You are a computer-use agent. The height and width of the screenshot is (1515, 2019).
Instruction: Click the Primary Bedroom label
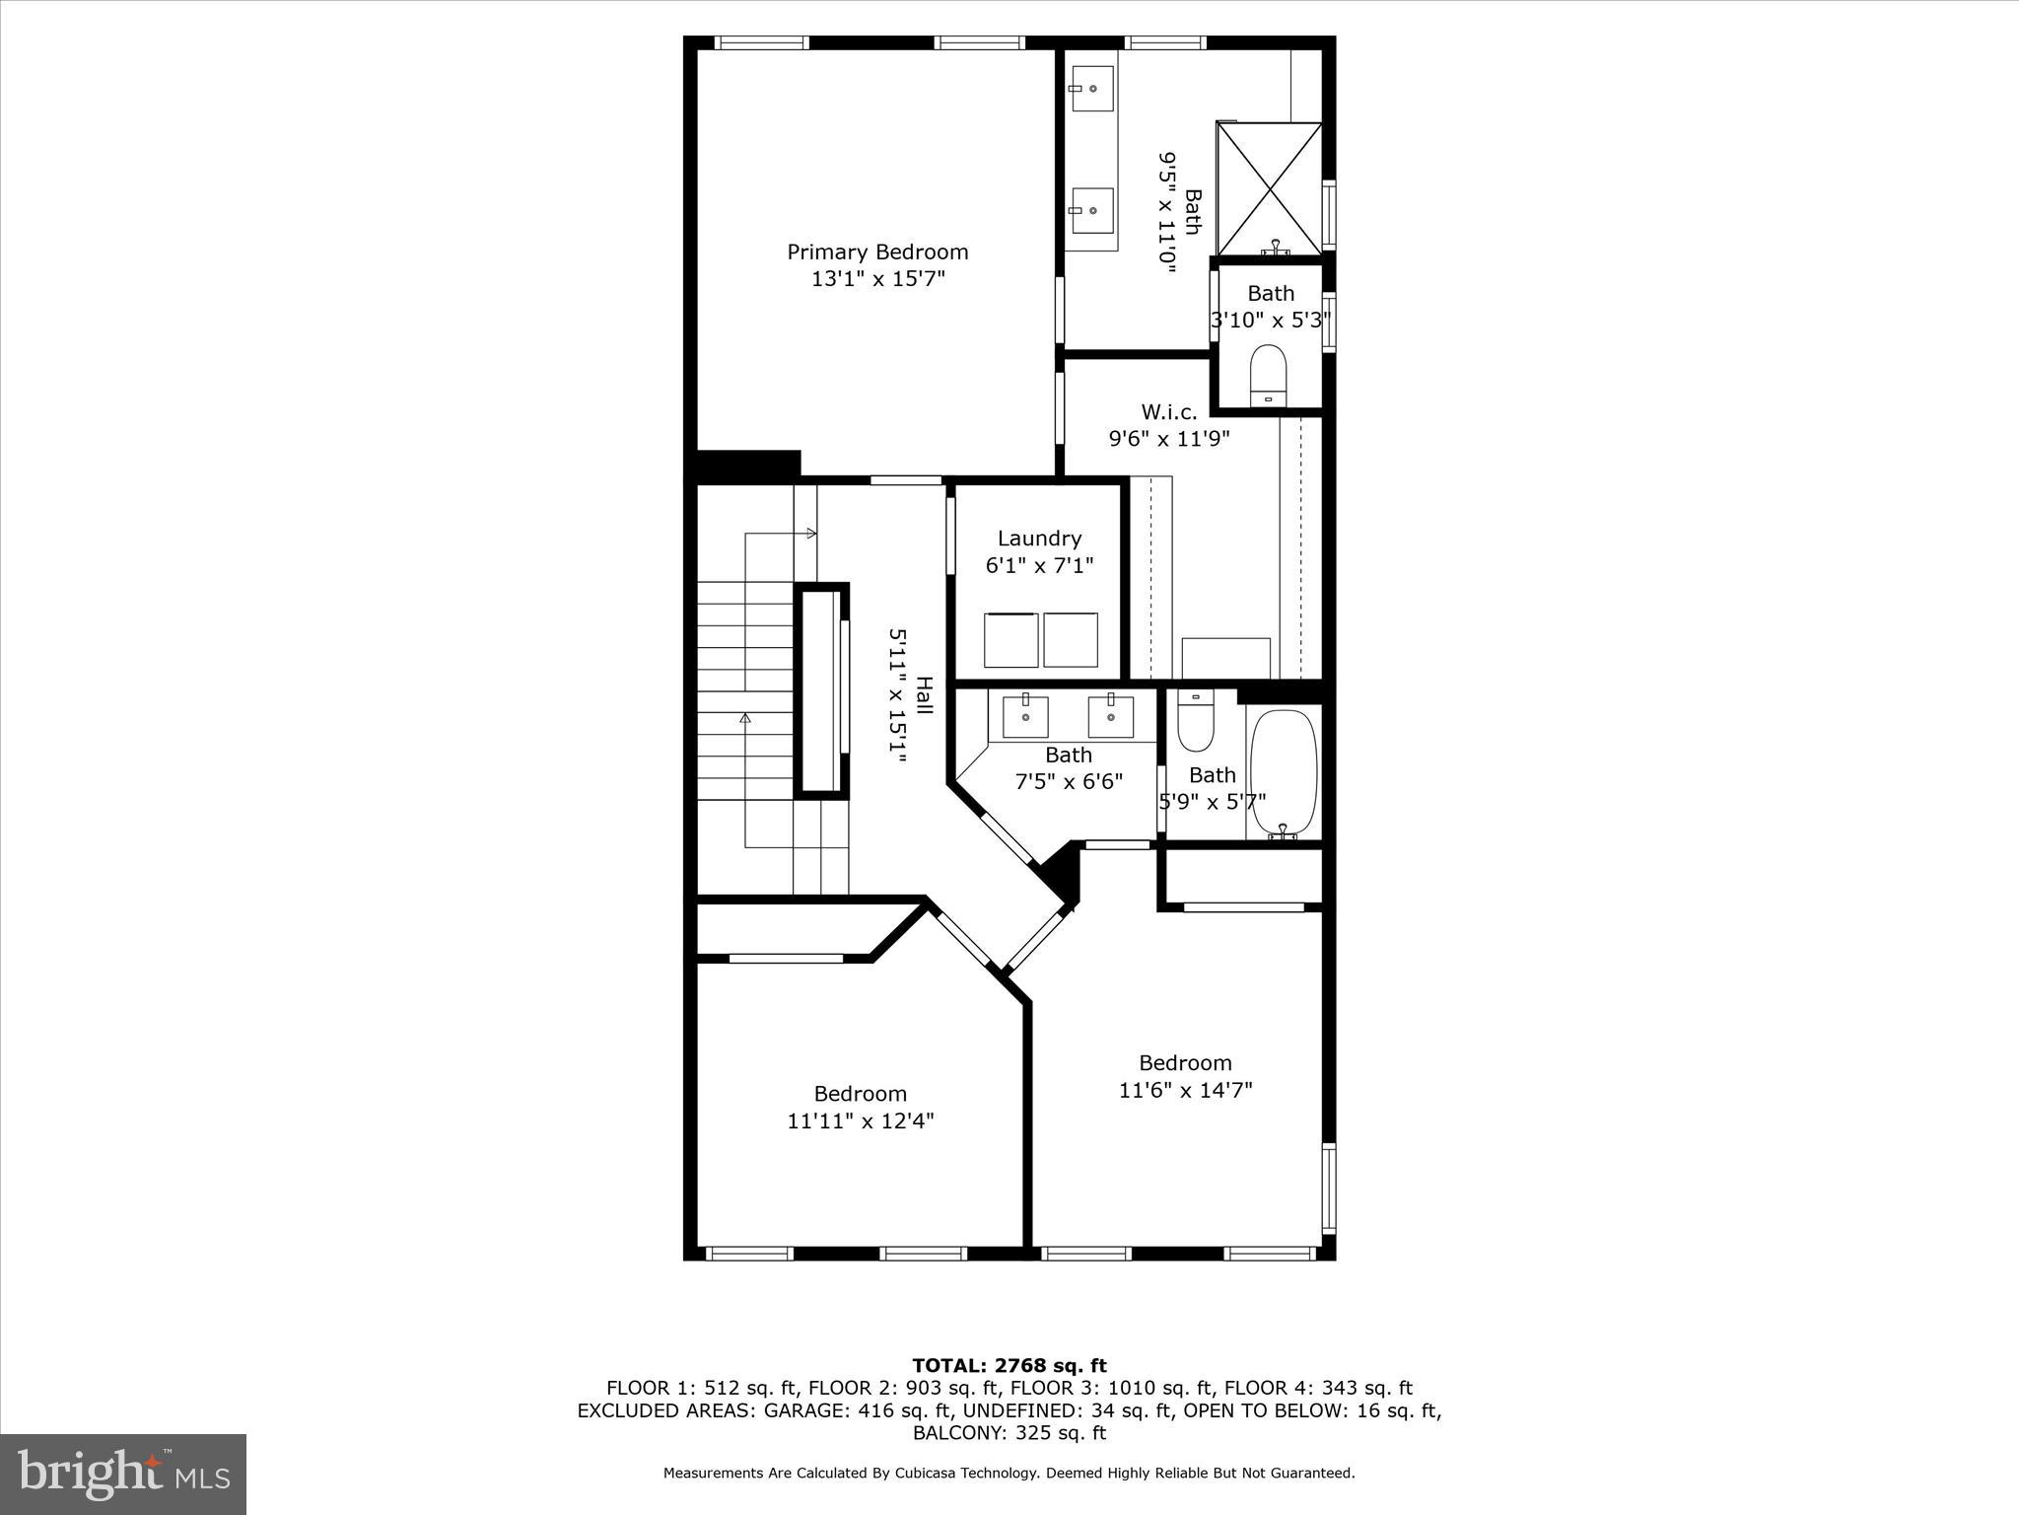[x=876, y=252]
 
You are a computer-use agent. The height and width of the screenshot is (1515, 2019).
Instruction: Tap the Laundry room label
[x=1039, y=539]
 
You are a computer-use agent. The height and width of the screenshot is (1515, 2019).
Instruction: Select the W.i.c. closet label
[x=1168, y=412]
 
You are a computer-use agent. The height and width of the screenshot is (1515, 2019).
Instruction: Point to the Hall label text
[x=924, y=695]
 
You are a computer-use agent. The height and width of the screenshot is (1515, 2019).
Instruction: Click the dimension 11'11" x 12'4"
[x=860, y=1121]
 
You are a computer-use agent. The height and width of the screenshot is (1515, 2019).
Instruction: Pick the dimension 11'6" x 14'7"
[x=1185, y=1090]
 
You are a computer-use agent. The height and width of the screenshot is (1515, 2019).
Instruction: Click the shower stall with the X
[x=1269, y=188]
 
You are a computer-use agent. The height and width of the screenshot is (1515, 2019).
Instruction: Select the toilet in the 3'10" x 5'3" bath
[x=1268, y=376]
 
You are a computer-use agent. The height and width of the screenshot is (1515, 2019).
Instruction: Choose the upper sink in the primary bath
[x=1091, y=88]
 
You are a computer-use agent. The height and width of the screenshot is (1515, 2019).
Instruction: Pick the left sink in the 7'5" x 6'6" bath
[x=1025, y=716]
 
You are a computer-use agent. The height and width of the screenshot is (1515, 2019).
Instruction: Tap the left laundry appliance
[x=1010, y=639]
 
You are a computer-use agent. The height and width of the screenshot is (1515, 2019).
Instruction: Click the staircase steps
[x=745, y=690]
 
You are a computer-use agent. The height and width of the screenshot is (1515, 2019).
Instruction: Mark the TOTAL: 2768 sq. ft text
[x=1009, y=1366]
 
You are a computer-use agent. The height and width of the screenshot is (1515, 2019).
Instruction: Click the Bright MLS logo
[x=123, y=1475]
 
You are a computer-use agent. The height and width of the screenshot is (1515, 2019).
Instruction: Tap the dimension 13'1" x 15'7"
[x=877, y=279]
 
